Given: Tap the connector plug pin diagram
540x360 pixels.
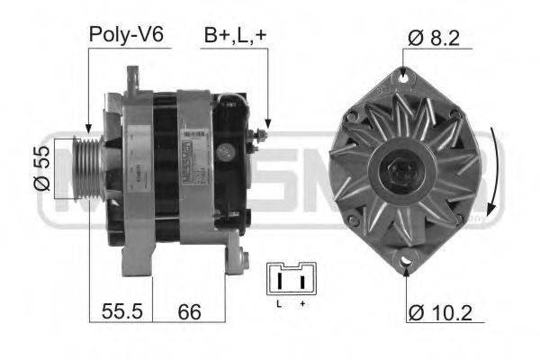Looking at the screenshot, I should pos(291,280).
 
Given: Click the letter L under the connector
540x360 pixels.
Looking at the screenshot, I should pos(279,304).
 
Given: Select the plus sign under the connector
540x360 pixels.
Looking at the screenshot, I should pos(302,304).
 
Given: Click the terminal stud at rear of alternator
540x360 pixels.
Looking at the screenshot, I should pos(261,135).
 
